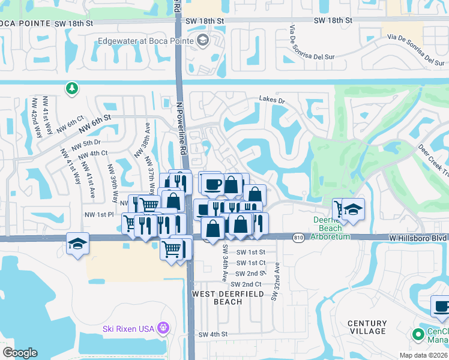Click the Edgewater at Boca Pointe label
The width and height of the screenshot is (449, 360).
pyautogui.click(x=147, y=41)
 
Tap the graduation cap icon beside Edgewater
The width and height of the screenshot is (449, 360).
pyautogui.click(x=202, y=41)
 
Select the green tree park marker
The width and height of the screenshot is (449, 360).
pyautogui.click(x=71, y=89)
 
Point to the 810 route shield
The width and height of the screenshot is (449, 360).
pyautogui.click(x=299, y=238)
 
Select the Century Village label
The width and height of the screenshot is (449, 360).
pyautogui.click(x=367, y=327)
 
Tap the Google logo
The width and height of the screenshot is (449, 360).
pyautogui.click(x=20, y=353)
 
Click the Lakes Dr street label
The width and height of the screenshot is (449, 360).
pyautogui.click(x=271, y=99)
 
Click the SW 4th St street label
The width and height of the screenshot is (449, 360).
pyautogui.click(x=213, y=334)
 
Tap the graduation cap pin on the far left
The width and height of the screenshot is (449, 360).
pyautogui.click(x=77, y=244)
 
